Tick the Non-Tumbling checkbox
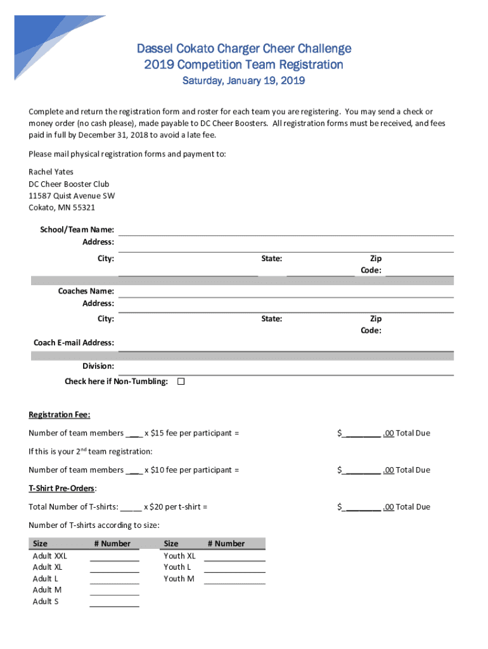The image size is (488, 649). click(x=181, y=382)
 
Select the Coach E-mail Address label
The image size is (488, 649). click(x=74, y=342)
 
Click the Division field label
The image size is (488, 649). click(x=98, y=366)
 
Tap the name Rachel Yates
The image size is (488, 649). click(x=51, y=172)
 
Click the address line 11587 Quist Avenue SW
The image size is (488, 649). click(x=72, y=196)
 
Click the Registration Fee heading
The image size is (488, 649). click(x=60, y=414)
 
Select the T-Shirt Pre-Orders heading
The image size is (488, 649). click(x=62, y=488)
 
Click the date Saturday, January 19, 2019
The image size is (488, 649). click(x=244, y=81)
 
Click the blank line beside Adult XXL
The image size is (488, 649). click(x=114, y=558)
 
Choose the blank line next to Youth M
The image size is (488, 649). click(x=234, y=580)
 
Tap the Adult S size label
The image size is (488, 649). click(x=46, y=601)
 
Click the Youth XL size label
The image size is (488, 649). click(x=179, y=556)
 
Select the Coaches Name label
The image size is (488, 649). click(x=86, y=291)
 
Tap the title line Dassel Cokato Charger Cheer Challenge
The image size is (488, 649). click(x=244, y=49)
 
